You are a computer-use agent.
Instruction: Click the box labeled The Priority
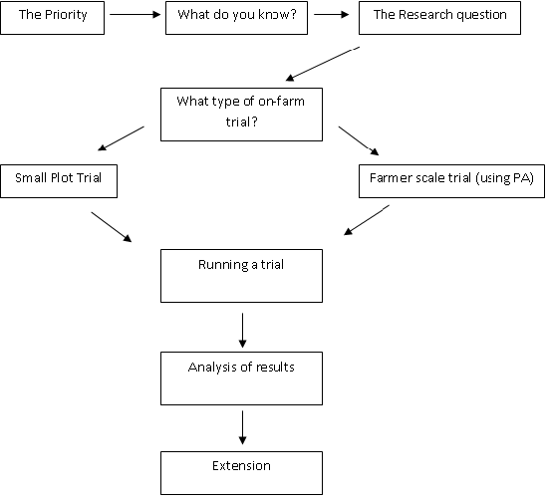53,18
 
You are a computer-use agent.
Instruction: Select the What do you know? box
236,18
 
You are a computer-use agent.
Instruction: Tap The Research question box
439,18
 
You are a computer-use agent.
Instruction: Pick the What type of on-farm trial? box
241,115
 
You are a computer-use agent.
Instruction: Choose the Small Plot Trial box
59,181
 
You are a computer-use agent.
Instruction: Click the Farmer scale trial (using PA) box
451,181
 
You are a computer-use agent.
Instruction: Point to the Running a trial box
241,276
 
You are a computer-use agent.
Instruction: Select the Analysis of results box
241,378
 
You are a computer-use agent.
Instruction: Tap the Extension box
241,473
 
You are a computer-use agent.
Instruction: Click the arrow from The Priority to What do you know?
135,14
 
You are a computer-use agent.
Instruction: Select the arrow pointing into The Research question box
332,14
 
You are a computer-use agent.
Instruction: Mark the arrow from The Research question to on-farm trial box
323,64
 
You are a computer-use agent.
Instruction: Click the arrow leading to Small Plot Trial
121,138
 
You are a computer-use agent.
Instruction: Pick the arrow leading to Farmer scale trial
359,140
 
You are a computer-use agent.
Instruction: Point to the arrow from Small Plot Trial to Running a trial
112,227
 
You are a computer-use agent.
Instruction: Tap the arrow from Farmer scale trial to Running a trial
367,220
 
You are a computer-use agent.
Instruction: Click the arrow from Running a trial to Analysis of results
242,330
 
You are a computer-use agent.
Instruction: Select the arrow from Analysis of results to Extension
242,427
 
